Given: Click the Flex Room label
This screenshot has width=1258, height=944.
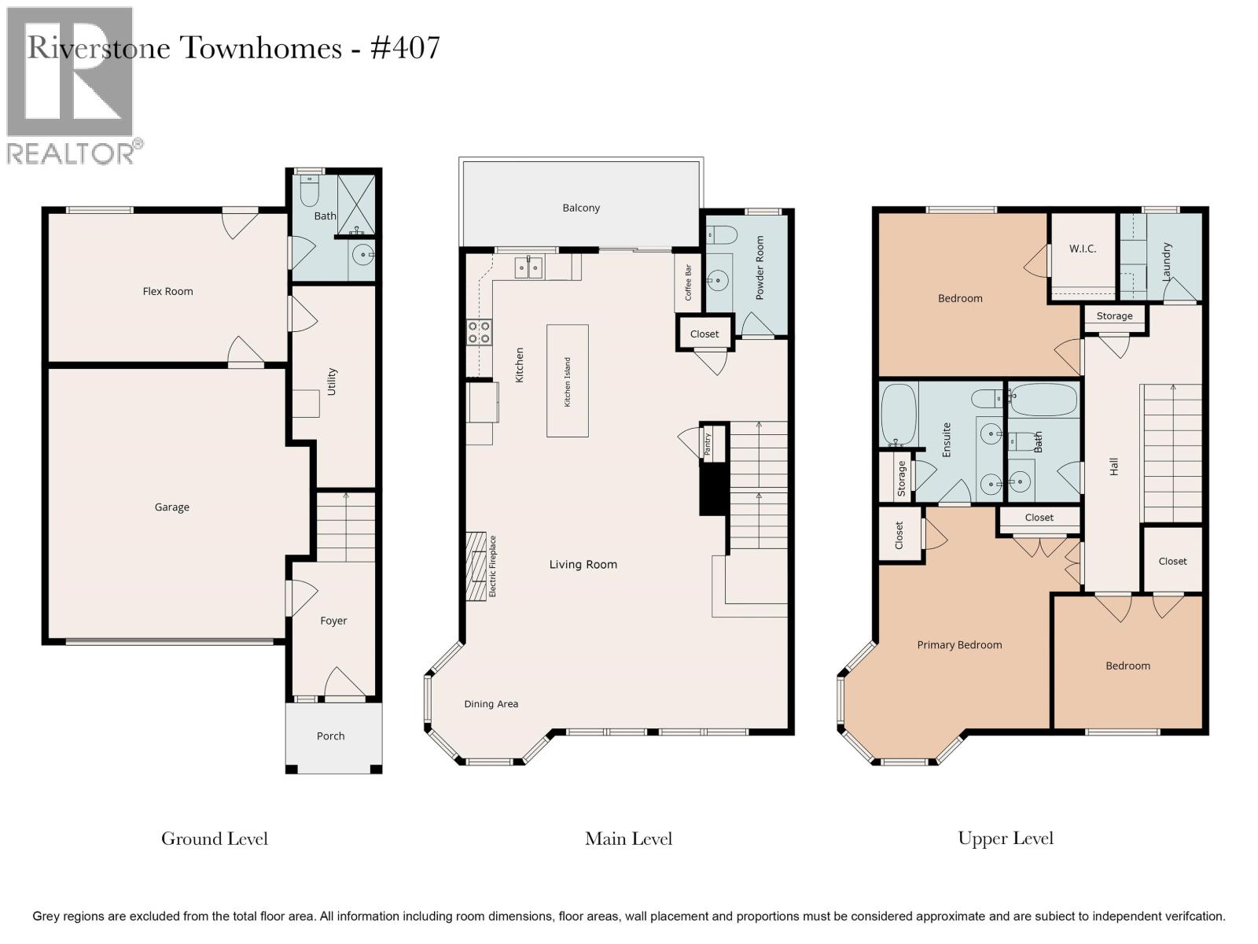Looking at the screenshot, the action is [167, 291].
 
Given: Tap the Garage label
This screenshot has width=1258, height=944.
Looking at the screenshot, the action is [171, 507].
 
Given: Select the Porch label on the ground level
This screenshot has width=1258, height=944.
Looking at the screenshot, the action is [331, 736].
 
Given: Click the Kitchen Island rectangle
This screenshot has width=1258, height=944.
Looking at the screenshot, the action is [568, 382].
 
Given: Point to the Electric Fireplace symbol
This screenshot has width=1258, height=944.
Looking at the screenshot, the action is [476, 566].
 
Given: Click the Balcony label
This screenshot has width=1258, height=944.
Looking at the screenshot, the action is [581, 208].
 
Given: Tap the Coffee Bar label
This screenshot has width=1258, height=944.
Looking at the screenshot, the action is [688, 282].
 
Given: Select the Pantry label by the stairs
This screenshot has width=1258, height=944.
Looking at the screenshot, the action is [707, 444].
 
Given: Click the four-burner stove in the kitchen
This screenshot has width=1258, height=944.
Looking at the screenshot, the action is [479, 333].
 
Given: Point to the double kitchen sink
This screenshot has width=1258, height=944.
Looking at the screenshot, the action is [528, 267].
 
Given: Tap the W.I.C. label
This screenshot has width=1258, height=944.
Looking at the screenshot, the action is [1083, 249].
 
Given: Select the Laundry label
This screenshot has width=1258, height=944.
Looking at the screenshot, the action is [1166, 261].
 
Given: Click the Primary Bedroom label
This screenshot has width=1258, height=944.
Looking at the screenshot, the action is [959, 645].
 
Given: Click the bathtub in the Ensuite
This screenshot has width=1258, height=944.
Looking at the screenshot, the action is [899, 415].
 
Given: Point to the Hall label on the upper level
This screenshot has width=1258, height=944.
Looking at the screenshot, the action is [1113, 466].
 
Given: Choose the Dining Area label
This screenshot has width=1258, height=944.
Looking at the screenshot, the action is [491, 704].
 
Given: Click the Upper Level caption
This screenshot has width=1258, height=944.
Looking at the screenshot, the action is [1006, 839].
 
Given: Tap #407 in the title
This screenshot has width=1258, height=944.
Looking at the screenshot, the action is [405, 47].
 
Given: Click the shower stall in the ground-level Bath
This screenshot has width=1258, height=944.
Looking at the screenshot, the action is [356, 205].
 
